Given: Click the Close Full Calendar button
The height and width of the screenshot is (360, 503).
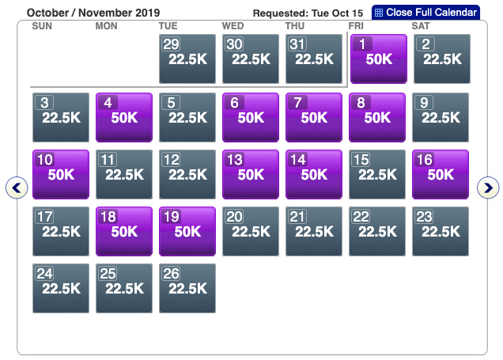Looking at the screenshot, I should [x=425, y=13].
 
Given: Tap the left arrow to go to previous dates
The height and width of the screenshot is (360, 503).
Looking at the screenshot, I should [x=17, y=188].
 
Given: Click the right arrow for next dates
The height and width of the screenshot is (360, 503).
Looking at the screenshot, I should [x=490, y=188].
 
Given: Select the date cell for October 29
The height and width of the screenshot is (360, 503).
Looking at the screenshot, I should [x=187, y=59].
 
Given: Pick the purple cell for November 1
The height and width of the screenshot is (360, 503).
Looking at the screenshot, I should [x=377, y=59].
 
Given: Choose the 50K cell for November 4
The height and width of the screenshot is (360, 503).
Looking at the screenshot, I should [x=123, y=117].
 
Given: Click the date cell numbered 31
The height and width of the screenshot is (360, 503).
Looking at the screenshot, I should [x=314, y=59].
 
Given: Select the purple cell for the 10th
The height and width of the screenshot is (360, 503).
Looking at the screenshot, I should [x=60, y=174].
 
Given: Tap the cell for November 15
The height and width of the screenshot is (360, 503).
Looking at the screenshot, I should [x=377, y=174].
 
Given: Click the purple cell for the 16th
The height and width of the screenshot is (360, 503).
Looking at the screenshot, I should [x=441, y=174].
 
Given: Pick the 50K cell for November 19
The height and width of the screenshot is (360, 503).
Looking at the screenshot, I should [x=187, y=231].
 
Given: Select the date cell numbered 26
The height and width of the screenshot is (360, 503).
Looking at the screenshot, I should [x=187, y=288].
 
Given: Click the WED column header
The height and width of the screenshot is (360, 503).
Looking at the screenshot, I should [x=233, y=26].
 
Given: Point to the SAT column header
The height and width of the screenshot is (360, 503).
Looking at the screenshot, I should [x=422, y=26].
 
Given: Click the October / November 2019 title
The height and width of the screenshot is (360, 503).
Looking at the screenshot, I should [x=93, y=13].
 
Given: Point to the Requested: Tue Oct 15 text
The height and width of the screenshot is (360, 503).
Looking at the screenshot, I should [x=308, y=13].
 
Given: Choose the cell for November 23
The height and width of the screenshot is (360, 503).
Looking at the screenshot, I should [x=441, y=231].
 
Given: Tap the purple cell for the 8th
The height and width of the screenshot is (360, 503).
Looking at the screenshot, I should [x=377, y=117].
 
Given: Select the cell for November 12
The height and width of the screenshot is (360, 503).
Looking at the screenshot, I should [x=187, y=174].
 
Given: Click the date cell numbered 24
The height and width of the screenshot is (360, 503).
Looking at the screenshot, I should [x=60, y=288].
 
